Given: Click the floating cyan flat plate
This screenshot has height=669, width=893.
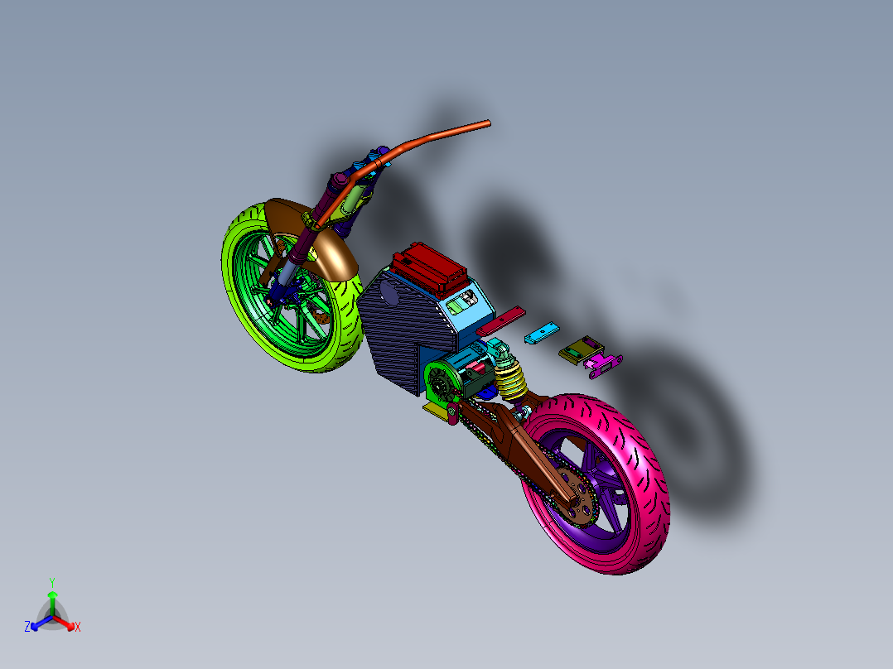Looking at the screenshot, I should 540,333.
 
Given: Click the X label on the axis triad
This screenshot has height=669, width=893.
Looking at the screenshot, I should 78,627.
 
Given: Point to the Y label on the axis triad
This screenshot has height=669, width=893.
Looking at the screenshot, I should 51,581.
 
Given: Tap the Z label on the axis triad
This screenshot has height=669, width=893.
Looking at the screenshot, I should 27,627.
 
